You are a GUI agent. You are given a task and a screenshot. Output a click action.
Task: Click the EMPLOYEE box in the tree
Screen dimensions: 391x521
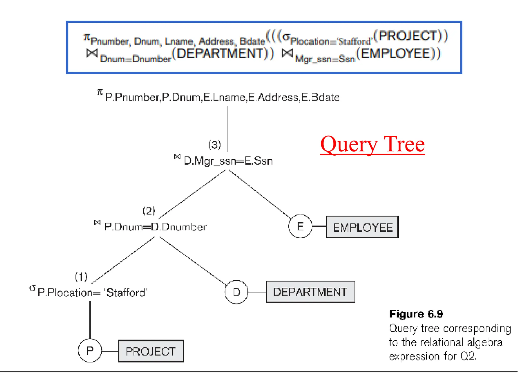[362, 227]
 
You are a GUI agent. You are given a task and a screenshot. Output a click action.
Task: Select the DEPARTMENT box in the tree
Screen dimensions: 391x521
[310, 292]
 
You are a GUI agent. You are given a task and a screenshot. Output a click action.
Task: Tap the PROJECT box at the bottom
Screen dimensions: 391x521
[151, 351]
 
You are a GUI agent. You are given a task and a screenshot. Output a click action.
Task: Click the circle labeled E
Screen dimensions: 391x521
[300, 226]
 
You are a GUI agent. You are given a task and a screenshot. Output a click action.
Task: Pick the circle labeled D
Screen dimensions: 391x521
[236, 292]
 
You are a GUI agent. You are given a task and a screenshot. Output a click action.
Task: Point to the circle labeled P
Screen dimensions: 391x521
[90, 351]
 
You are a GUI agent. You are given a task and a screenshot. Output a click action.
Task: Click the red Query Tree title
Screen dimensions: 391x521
[372, 144]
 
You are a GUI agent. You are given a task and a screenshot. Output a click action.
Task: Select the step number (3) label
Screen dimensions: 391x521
[214, 145]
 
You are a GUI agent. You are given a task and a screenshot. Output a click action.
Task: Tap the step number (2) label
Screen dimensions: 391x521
[149, 211]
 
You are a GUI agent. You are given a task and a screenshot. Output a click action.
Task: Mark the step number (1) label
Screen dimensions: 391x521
[81, 276]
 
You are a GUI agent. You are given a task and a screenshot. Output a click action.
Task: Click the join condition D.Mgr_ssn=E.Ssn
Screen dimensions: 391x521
[228, 161]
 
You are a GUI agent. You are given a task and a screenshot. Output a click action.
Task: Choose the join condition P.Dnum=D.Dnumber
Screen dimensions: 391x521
[155, 227]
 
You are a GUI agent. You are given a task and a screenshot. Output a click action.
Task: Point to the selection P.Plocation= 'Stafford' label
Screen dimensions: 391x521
[92, 292]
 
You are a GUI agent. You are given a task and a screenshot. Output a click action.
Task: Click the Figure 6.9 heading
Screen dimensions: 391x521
[416, 314]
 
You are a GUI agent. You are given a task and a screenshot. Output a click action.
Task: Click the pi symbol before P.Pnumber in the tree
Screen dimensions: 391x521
[100, 92]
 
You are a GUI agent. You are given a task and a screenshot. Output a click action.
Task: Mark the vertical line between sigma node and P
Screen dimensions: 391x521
[90, 320]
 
